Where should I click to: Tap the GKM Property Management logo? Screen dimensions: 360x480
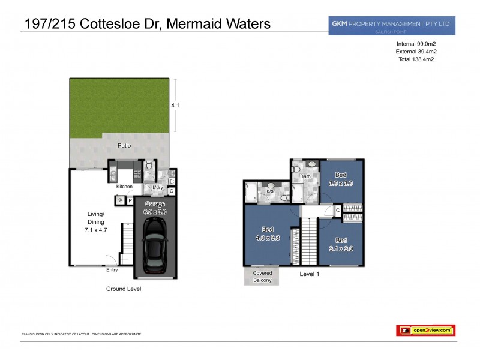pos(391,25)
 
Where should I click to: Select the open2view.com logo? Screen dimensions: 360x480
pos(425,330)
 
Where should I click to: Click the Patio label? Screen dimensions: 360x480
pos(124,146)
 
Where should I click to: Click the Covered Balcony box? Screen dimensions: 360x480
pos(262,277)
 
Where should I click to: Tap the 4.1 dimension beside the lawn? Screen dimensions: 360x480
pos(175,106)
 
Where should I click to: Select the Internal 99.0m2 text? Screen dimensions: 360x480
pos(415,44)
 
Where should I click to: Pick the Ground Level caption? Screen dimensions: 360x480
pos(123,289)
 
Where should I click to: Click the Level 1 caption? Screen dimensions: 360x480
pos(311,274)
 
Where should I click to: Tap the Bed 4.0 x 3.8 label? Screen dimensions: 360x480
pos(268,233)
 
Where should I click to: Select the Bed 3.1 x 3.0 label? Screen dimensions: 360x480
pos(340,245)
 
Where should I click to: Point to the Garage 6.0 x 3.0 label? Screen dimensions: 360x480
pos(154,208)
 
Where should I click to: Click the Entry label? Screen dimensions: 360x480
pos(112,270)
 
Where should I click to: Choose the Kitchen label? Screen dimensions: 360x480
pos(124,187)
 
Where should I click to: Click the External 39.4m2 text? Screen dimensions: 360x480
pos(415,52)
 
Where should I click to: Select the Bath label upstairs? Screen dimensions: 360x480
pos(305,176)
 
